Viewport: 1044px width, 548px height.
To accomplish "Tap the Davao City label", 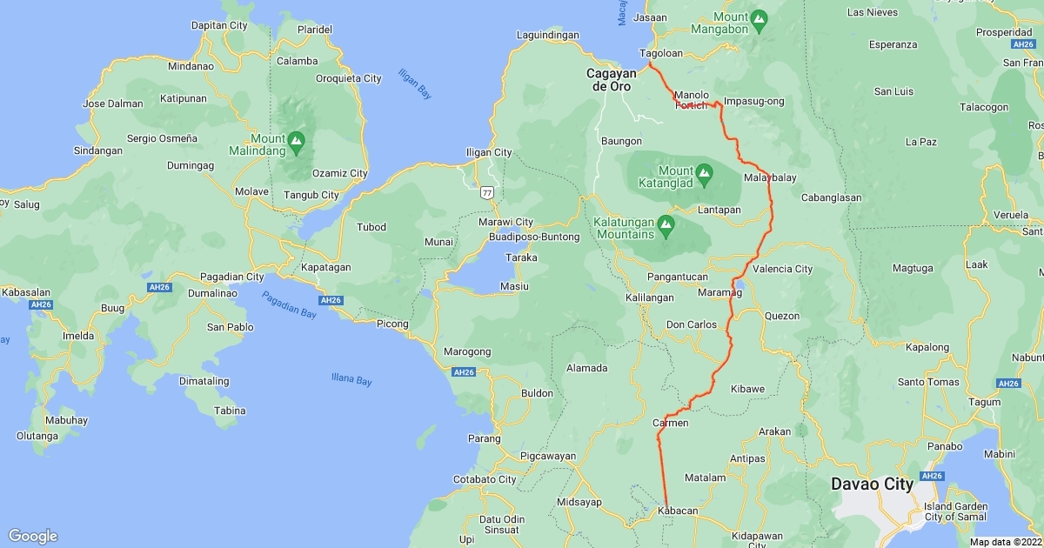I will click(x=872, y=484).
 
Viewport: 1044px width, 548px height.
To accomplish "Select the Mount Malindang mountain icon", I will click(x=297, y=140).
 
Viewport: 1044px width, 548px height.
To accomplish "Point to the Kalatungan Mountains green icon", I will click(x=666, y=224).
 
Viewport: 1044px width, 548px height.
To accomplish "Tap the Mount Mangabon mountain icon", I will click(x=759, y=17).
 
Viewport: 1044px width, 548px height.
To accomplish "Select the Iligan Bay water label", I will click(x=415, y=84).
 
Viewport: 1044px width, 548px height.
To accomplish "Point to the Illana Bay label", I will click(x=351, y=380).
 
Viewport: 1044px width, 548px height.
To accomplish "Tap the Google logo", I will click(x=32, y=536).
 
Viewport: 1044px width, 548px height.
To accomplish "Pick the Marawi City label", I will click(x=505, y=223).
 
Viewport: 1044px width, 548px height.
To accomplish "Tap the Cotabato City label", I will click(x=485, y=479).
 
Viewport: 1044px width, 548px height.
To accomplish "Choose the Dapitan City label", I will click(x=219, y=26).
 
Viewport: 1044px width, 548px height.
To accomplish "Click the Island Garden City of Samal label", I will click(x=955, y=511).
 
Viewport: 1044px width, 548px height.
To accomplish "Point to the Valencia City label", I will click(x=782, y=269).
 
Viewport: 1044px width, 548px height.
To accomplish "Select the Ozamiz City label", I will click(x=340, y=173).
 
